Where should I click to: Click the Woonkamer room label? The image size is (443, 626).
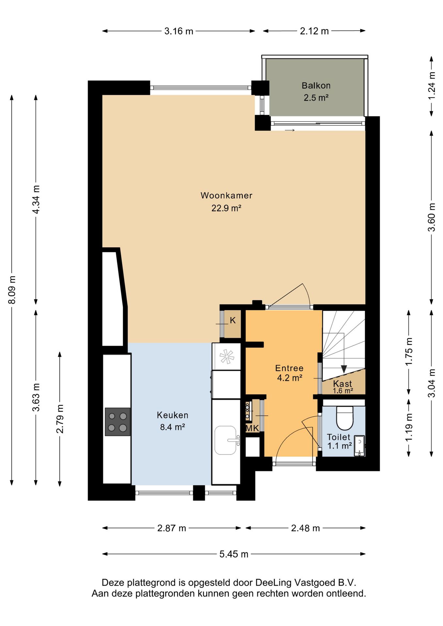pos(226,195)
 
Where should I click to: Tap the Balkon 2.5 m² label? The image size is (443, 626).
pos(316,92)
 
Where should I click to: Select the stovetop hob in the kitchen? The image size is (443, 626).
pos(117,422)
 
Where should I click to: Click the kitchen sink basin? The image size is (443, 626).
pos(225,440)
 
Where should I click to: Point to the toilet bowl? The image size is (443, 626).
pos(344,418)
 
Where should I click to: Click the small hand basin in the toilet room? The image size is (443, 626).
pos(359,446)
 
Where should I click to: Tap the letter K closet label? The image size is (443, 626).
pos(233,320)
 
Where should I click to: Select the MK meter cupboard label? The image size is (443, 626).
pos(252,428)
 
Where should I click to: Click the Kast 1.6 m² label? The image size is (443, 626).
pos(343,387)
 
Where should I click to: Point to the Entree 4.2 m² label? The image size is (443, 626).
pos(289,373)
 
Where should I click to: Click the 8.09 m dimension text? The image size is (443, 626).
pos(12,290)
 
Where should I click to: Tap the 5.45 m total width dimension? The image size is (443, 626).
pos(234,554)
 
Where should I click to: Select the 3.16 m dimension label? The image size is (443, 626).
pos(179,31)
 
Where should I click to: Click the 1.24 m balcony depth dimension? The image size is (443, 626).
pos(432,86)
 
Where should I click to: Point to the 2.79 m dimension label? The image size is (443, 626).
pos(60,419)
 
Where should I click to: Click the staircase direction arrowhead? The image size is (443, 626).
pos(344,369)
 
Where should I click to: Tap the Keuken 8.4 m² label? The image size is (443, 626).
pos(173,421)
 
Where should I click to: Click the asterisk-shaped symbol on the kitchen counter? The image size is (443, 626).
pos(227,356)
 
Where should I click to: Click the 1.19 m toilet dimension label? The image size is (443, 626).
pos(409,427)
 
